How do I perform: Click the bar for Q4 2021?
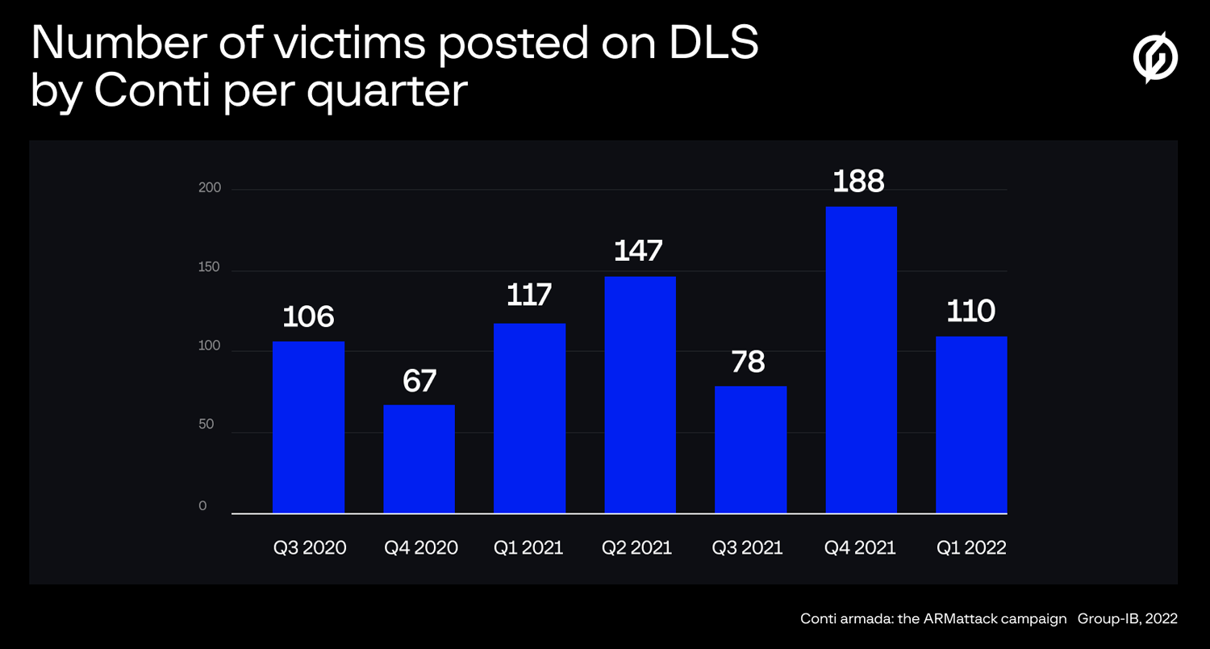[x=861, y=360]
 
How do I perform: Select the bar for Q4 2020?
[x=419, y=458]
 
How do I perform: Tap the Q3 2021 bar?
[x=750, y=450]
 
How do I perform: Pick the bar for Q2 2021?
[x=640, y=395]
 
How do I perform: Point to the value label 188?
[x=858, y=182]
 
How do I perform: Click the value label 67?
[x=419, y=380]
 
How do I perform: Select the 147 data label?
[x=638, y=251]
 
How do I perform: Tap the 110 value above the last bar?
[x=970, y=312]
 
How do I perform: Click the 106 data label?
[x=308, y=316]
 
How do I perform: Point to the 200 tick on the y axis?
[x=210, y=189]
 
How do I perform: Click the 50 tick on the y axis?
[x=207, y=425]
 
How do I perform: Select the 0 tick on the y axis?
[x=203, y=506]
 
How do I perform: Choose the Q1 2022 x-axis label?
[x=971, y=548]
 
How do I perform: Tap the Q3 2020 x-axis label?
[x=310, y=548]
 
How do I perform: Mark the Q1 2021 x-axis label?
[x=528, y=548]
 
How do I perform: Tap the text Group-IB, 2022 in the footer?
[x=1127, y=619]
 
